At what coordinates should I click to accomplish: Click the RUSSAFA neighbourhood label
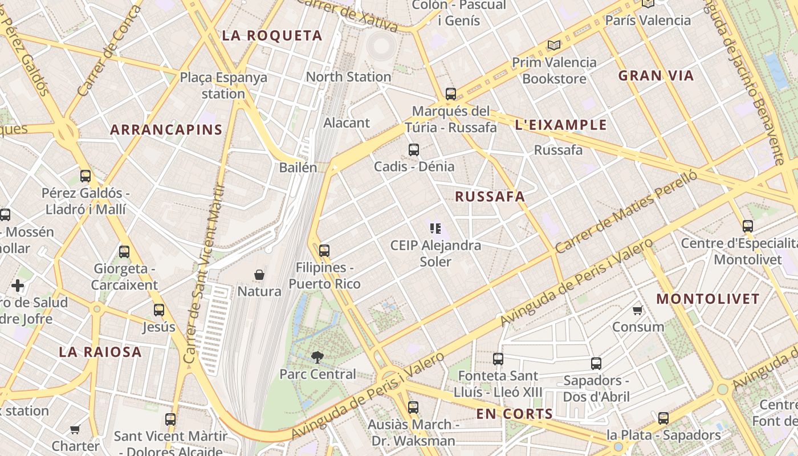[490, 197]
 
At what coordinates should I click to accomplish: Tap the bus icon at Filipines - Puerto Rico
[324, 250]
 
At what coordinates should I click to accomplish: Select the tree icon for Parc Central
[317, 357]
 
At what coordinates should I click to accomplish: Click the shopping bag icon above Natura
[259, 275]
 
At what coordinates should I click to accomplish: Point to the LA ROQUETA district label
[272, 35]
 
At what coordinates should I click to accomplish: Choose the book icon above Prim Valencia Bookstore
[553, 45]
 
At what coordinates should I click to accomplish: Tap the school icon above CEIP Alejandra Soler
[436, 229]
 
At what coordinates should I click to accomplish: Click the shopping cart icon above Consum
[638, 311]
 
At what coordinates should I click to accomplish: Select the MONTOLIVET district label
[708, 299]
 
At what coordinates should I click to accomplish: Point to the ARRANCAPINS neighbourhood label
[166, 129]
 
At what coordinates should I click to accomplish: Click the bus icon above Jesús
[159, 310]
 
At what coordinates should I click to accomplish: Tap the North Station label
[348, 76]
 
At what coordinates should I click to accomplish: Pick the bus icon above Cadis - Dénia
[414, 150]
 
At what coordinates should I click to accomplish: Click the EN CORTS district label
[515, 414]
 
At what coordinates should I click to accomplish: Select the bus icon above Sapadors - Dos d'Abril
[596, 363]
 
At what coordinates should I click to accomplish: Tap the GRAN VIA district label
[656, 75]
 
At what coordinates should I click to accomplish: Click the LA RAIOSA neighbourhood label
[100, 352]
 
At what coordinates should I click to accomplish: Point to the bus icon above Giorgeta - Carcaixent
[124, 251]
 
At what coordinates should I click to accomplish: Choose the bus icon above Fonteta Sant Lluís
[498, 359]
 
